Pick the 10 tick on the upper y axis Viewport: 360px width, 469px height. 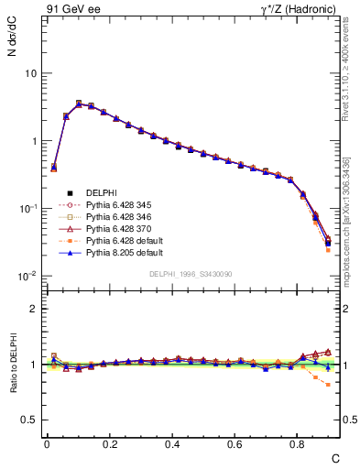[30, 73]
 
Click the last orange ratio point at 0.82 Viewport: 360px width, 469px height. [328, 384]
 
